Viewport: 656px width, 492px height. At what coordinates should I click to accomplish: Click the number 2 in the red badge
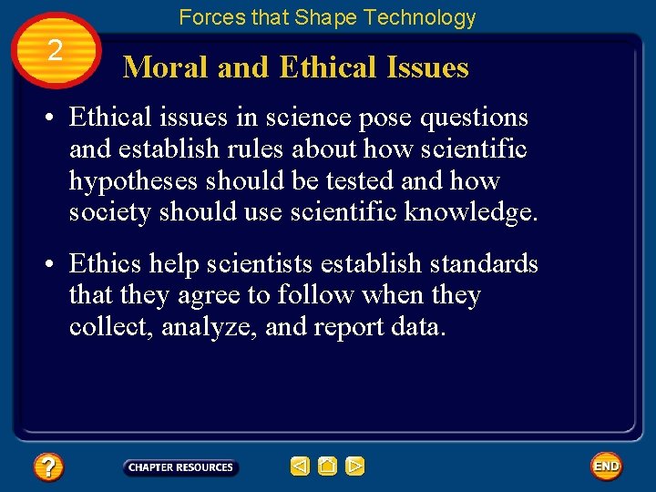[56, 51]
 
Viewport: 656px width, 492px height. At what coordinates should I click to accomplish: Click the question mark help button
[47, 467]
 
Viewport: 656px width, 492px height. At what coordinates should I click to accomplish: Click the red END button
[606, 466]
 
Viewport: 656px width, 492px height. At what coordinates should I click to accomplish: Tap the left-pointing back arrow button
[300, 466]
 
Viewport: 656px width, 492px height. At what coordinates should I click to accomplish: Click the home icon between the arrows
[327, 466]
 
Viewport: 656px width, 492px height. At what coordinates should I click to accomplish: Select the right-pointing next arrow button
[355, 466]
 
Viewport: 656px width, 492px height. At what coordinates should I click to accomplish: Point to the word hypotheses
[134, 181]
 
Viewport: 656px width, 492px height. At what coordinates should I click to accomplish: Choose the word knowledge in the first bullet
[472, 213]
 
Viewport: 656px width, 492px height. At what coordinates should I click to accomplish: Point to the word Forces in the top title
[208, 17]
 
